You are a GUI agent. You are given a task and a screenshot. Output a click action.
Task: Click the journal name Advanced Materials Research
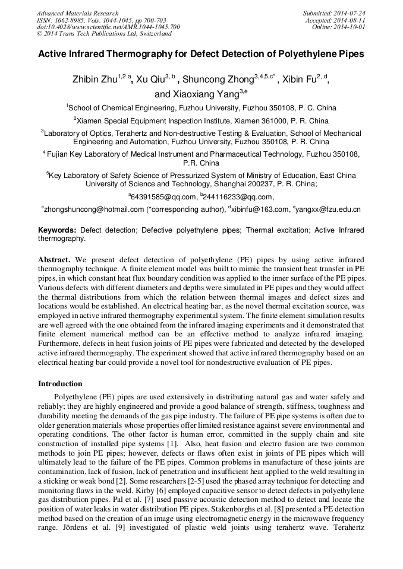click(77, 13)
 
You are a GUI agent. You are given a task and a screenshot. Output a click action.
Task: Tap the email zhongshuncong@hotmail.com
click(94, 209)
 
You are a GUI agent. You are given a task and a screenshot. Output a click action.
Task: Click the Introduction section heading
click(60, 383)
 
